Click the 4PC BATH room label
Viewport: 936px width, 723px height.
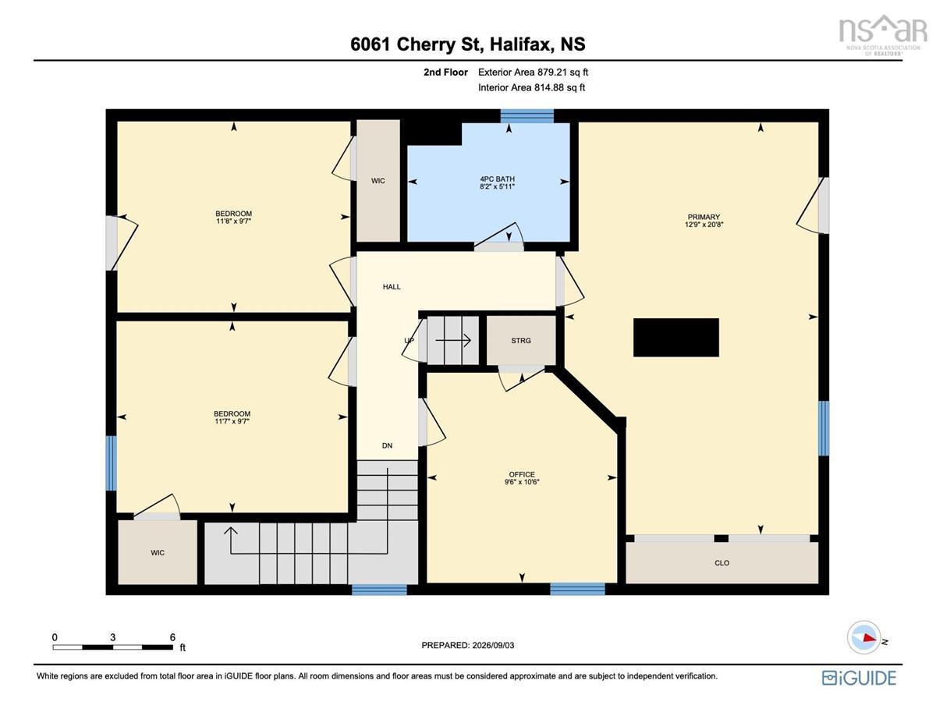497,179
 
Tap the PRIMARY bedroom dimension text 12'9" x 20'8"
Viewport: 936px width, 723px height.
704,225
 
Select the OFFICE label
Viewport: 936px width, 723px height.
522,474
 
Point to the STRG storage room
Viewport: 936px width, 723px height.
521,341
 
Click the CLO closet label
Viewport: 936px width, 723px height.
722,563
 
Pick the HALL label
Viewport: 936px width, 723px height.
392,287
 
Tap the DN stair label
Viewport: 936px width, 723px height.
387,445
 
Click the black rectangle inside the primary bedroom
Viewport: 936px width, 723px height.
675,338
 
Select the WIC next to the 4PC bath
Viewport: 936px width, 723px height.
378,181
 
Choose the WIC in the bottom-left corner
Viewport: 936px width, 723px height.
158,552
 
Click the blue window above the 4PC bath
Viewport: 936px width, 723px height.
526,116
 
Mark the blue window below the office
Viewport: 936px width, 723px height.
578,589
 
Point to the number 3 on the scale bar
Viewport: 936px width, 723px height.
113,637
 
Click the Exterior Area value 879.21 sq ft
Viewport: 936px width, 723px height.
562,73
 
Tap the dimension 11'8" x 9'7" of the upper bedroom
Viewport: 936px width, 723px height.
233,222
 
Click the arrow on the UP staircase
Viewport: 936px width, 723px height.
453,341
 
